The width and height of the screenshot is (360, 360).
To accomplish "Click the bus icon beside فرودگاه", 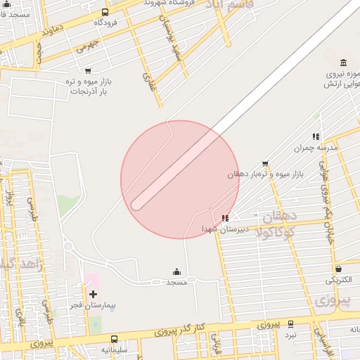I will (x=105, y=12).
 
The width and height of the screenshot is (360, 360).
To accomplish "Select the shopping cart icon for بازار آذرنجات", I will (x=88, y=70).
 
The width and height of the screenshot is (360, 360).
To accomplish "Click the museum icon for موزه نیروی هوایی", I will (x=342, y=63).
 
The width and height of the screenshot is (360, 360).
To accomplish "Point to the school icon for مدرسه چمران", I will (x=316, y=136).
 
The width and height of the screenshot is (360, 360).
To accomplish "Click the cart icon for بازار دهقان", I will (x=265, y=163).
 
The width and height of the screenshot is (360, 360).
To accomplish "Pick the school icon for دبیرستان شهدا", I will (x=224, y=218).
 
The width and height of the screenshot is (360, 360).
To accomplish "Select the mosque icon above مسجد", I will (x=176, y=272).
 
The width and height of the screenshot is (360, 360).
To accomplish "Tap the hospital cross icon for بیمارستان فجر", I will (x=92, y=292).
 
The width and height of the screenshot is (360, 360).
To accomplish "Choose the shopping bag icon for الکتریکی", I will (x=338, y=269).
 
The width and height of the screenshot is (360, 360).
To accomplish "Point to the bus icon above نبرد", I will (x=290, y=324).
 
